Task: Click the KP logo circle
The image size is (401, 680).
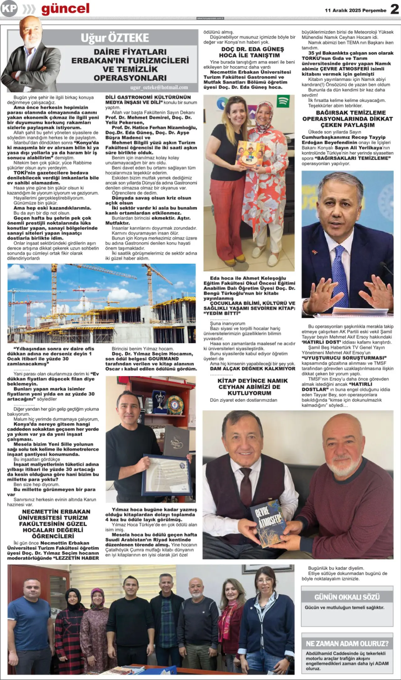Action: click(x=8, y=8)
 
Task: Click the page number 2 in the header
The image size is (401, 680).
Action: click(x=394, y=9)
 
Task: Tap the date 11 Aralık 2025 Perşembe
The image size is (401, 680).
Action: click(x=356, y=10)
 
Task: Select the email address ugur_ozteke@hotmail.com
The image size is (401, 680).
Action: click(x=159, y=87)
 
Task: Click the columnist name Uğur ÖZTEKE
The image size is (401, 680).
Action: click(x=115, y=38)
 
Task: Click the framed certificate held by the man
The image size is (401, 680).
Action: click(x=164, y=474)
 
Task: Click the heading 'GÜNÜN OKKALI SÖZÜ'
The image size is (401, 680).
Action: click(x=347, y=597)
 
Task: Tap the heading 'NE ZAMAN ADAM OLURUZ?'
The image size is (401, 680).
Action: click(x=347, y=644)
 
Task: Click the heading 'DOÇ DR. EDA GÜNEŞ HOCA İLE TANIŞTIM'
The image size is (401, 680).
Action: click(x=249, y=52)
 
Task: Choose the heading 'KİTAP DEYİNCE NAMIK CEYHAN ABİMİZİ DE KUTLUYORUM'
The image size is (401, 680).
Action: click(x=249, y=387)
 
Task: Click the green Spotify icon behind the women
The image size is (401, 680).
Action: click(x=283, y=101)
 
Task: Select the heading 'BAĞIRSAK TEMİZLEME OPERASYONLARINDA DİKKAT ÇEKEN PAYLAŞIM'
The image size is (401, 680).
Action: click(x=347, y=119)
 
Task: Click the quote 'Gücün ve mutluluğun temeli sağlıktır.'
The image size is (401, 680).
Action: click(x=344, y=608)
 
